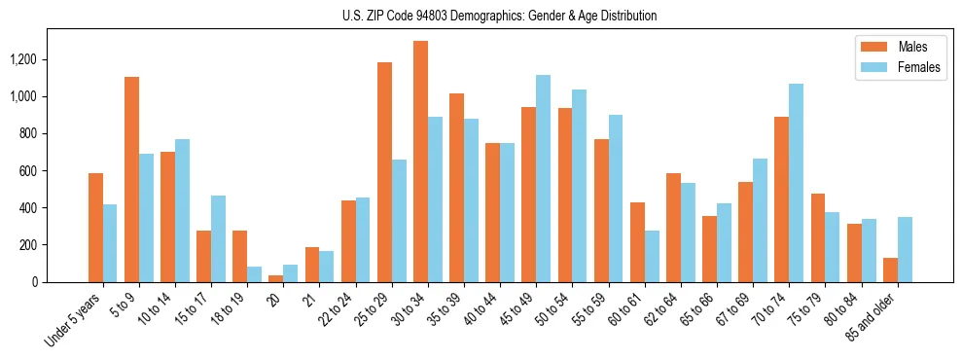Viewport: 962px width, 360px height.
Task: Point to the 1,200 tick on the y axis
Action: click(22, 59)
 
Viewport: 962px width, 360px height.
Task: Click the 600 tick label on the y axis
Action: click(27, 170)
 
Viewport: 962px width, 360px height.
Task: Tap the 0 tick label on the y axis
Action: click(34, 282)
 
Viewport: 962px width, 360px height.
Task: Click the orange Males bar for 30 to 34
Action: click(420, 162)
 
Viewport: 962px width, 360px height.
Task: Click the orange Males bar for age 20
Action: click(276, 278)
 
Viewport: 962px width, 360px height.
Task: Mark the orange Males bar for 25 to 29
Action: click(384, 172)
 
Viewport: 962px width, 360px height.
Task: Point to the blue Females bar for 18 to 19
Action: click(254, 274)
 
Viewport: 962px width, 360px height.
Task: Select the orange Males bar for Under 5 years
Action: click(95, 228)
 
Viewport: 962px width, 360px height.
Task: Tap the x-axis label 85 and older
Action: click(879, 317)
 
